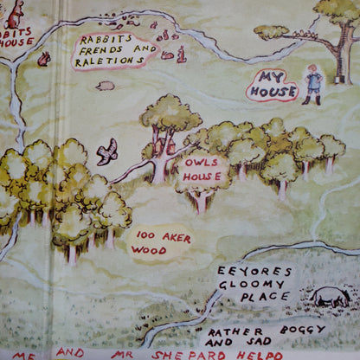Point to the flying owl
[107, 151]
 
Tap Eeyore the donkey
[330, 297]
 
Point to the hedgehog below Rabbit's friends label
[106, 86]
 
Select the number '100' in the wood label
[142, 235]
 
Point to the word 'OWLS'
[202, 162]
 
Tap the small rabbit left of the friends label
[43, 59]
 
